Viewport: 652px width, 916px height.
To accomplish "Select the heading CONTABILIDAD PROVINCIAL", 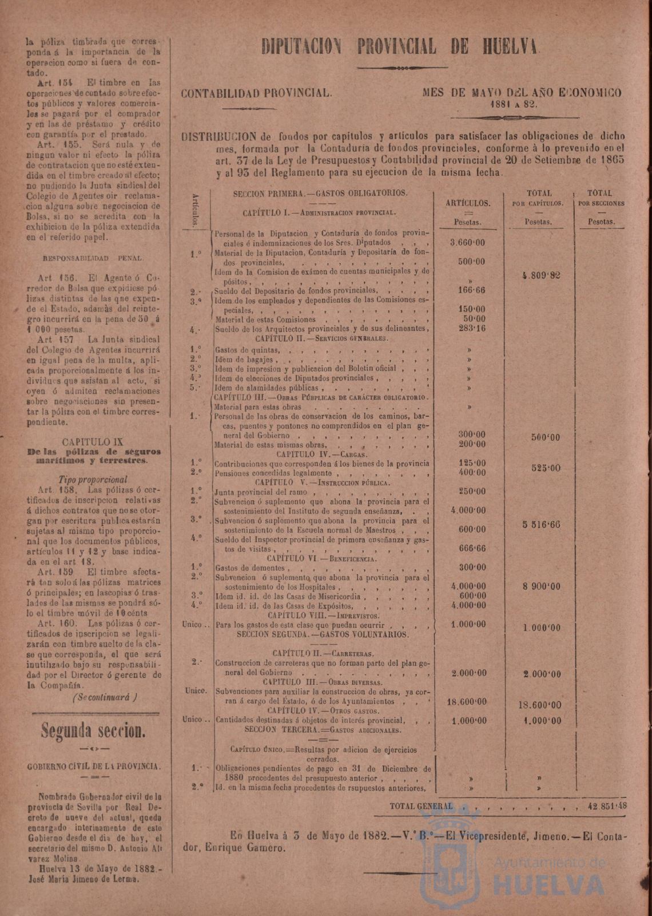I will pyautogui.click(x=256, y=93).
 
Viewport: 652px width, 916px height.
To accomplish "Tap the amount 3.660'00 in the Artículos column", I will pyautogui.click(x=467, y=243).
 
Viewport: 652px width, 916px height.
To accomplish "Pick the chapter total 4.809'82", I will pyautogui.click(x=540, y=275).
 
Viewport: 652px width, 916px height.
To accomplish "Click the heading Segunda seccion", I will pyautogui.click(x=92, y=732).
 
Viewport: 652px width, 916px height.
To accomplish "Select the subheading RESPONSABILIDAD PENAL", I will pyautogui.click(x=94, y=258).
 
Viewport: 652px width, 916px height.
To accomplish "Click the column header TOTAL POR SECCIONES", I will pyautogui.click(x=601, y=198).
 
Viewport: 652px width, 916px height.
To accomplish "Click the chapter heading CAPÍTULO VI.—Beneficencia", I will pyautogui.click(x=323, y=558).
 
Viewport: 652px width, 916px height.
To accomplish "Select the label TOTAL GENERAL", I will pyautogui.click(x=421, y=806).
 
